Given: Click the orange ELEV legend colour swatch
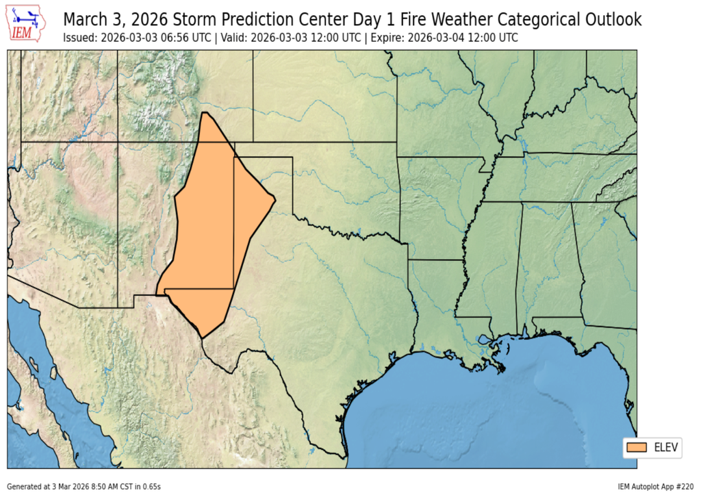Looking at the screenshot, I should pyautogui.click(x=636, y=447).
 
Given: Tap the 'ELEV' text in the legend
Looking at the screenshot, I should pyautogui.click(x=665, y=447).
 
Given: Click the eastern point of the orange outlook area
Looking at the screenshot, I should pyautogui.click(x=275, y=199).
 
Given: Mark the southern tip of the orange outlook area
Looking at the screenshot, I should pyautogui.click(x=202, y=336).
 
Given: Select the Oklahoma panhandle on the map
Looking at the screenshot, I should pyautogui.click(x=264, y=150).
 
